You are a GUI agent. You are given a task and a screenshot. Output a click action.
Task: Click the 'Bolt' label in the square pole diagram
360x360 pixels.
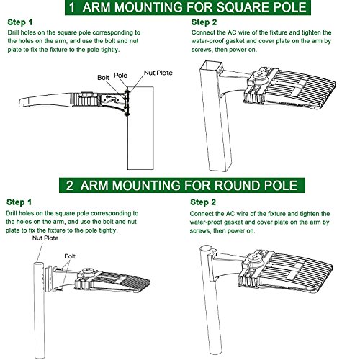(103, 78)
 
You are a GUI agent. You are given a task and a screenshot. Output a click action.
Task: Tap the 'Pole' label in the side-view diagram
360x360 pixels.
(120, 76)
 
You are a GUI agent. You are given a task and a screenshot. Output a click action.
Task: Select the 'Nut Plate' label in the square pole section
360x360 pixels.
(158, 73)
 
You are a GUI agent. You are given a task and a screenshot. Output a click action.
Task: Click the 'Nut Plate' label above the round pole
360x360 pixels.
(45, 238)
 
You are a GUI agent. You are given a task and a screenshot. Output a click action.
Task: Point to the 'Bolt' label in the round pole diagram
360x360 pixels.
(70, 256)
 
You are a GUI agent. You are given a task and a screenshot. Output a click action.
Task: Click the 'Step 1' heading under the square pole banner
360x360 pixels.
(20, 22)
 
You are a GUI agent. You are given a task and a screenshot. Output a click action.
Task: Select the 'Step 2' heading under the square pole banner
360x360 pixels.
(204, 22)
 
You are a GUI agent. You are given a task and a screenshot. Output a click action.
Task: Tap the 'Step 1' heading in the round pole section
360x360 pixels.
(19, 202)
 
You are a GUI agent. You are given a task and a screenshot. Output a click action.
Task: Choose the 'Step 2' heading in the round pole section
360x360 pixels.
(203, 202)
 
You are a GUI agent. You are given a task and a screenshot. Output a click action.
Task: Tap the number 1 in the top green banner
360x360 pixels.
(72, 7)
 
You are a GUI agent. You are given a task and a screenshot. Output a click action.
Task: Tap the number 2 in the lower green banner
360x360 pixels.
(70, 186)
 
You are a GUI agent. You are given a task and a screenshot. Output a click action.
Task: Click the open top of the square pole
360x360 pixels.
(211, 66)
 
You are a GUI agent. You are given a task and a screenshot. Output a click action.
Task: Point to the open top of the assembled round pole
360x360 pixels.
(207, 249)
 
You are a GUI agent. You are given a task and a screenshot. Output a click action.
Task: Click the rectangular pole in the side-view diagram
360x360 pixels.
(140, 128)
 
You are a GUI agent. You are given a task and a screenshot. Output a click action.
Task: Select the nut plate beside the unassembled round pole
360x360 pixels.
(49, 279)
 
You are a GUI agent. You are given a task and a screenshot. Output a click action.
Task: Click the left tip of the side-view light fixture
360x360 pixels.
(19, 103)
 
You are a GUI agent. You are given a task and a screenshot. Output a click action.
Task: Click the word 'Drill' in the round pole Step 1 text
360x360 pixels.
(12, 213)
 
